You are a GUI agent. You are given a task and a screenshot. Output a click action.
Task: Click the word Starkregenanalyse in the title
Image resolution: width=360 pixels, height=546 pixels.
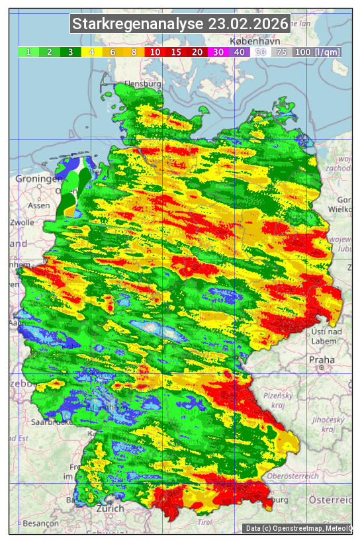coord(138,24)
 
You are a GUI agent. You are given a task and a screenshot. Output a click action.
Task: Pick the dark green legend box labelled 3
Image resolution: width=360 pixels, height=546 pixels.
coord(70,52)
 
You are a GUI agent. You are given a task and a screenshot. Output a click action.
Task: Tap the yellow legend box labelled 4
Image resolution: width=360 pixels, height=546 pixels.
coord(91,52)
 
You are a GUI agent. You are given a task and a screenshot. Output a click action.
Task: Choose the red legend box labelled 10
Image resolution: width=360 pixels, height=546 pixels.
coord(155,52)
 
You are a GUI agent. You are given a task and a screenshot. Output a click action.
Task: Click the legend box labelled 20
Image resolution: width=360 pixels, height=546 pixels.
coord(197,52)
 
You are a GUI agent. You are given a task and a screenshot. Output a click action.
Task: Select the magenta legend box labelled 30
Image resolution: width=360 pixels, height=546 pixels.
coord(218,52)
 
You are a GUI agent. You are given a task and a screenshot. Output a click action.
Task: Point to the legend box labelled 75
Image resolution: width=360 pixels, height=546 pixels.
coord(282,52)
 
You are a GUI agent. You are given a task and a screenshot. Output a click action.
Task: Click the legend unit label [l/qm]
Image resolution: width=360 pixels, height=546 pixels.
coord(328,52)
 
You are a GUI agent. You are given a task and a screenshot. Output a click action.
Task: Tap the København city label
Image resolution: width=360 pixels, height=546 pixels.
coord(247,41)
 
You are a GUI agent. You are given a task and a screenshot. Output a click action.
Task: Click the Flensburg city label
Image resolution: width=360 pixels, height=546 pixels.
coord(142,85)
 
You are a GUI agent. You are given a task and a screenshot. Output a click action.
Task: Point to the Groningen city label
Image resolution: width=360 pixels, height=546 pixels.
coord(38,179)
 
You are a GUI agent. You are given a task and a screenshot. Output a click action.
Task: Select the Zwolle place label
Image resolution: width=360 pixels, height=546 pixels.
coord(21,222)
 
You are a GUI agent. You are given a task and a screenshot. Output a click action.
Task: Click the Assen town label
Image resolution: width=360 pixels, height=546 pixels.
coord(39,205)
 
